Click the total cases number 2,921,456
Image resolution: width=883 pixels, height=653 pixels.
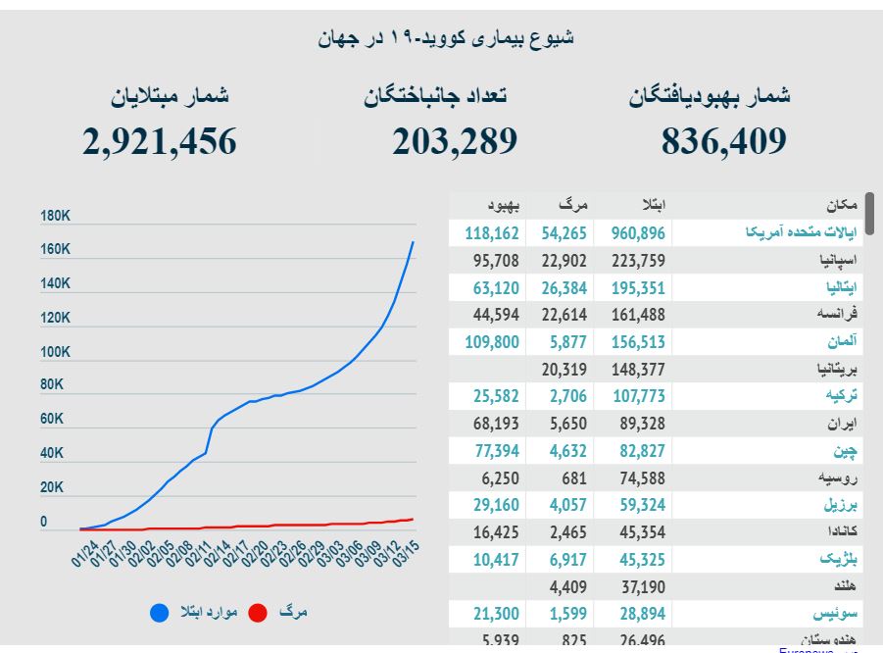point(160,142)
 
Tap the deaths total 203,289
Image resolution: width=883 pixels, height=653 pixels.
point(455,142)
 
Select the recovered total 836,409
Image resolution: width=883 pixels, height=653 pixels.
point(724,142)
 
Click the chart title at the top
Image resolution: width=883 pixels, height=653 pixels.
point(446,38)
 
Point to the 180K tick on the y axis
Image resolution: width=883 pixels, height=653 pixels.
point(55,216)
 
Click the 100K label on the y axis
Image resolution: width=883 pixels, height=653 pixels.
point(55,351)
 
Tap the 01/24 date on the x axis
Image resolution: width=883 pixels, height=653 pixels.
point(85,549)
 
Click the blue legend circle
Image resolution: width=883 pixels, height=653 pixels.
point(159,613)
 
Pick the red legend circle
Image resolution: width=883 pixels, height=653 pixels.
point(258,613)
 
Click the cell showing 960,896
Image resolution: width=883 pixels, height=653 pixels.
point(638,233)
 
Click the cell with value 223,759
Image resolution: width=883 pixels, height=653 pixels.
point(638,261)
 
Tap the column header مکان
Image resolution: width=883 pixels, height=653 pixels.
point(841,206)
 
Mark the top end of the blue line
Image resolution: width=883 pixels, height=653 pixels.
point(413,241)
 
